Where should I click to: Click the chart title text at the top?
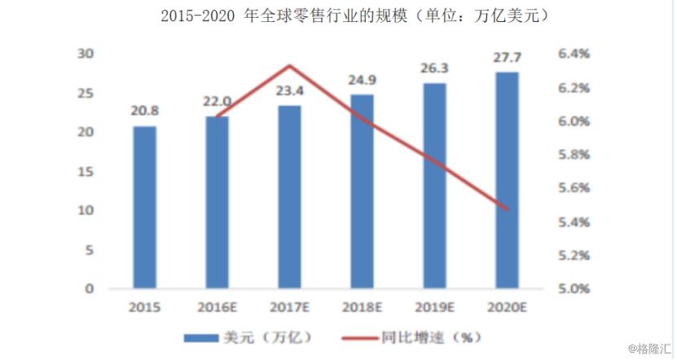pyautogui.click(x=337, y=15)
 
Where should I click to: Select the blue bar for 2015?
pyautogui.click(x=145, y=207)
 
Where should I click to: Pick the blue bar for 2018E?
pyautogui.click(x=362, y=191)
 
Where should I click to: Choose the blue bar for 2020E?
pyautogui.click(x=507, y=180)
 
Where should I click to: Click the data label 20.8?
pyautogui.click(x=145, y=110)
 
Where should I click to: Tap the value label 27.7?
pyautogui.click(x=507, y=57)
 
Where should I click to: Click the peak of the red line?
pyautogui.click(x=289, y=65)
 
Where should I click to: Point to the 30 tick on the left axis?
pyautogui.click(x=85, y=54)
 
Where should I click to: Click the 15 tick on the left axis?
pyautogui.click(x=85, y=171)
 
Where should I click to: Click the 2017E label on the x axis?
pyautogui.click(x=289, y=308)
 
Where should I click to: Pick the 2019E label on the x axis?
pyautogui.click(x=434, y=308)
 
